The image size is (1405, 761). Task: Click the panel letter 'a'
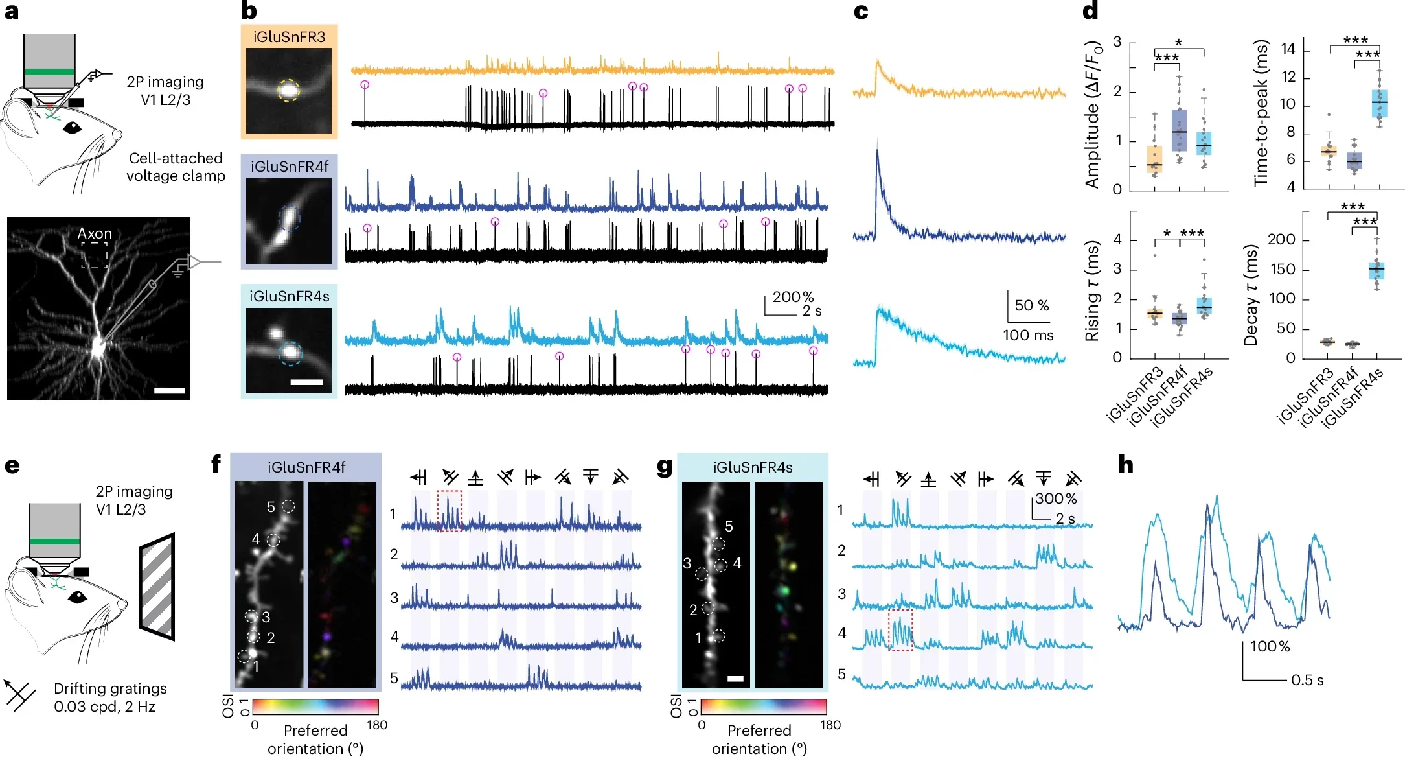[x=11, y=12]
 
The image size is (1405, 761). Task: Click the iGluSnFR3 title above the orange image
[x=289, y=37]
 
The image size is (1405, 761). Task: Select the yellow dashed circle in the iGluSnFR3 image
[x=289, y=91]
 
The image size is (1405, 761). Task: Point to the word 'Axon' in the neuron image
[x=95, y=233]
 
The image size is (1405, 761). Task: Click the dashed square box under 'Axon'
[x=95, y=255]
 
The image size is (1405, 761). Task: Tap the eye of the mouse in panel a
[x=73, y=128]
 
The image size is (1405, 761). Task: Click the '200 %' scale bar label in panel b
[x=792, y=297]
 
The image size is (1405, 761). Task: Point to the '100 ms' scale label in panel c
[x=1028, y=335]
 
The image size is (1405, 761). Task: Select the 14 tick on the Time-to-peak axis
[x=1288, y=49]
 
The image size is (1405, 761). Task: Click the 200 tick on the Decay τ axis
[x=1281, y=240]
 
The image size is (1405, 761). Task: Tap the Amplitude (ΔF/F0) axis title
[x=1093, y=115]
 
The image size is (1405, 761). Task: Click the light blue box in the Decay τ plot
[x=1376, y=270]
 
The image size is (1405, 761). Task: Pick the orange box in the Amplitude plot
[x=1154, y=159]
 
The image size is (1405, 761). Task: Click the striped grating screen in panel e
[x=157, y=587]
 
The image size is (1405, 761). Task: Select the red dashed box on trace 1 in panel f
[x=449, y=511]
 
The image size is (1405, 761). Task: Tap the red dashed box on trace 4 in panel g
[x=900, y=629]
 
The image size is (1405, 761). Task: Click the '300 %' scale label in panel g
[x=1055, y=498]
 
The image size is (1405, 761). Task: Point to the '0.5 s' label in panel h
[x=1307, y=680]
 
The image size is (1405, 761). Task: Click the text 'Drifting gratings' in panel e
[x=110, y=688]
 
